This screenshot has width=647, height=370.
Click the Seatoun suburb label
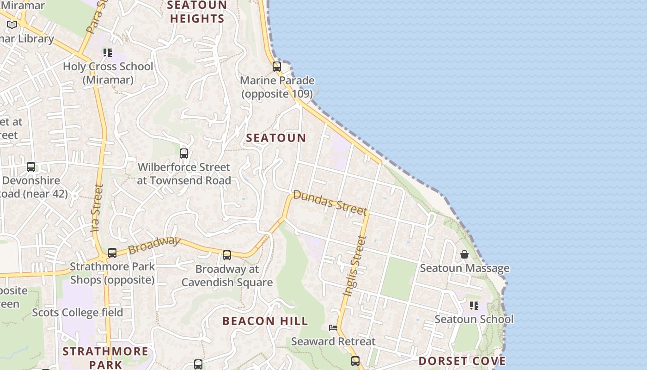(276, 138)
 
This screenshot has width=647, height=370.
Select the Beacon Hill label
(265, 321)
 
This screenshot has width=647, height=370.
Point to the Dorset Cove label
(462, 361)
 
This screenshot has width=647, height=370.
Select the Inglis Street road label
(354, 266)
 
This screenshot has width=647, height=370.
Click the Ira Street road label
(97, 208)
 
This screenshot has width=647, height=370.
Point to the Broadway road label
(153, 245)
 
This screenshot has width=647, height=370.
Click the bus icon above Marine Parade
(277, 67)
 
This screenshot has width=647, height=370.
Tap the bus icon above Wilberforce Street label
(184, 154)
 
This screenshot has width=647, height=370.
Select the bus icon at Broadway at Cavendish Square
(227, 255)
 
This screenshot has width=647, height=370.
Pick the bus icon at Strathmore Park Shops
(112, 253)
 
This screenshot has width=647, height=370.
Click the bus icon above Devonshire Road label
(31, 167)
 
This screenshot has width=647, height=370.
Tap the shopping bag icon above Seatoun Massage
(464, 255)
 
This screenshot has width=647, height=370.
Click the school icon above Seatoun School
(474, 306)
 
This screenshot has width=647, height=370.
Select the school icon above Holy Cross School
(108, 53)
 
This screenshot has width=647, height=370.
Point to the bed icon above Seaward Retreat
(333, 328)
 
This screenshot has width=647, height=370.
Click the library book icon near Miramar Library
(12, 25)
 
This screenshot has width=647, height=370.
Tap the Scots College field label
(78, 313)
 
